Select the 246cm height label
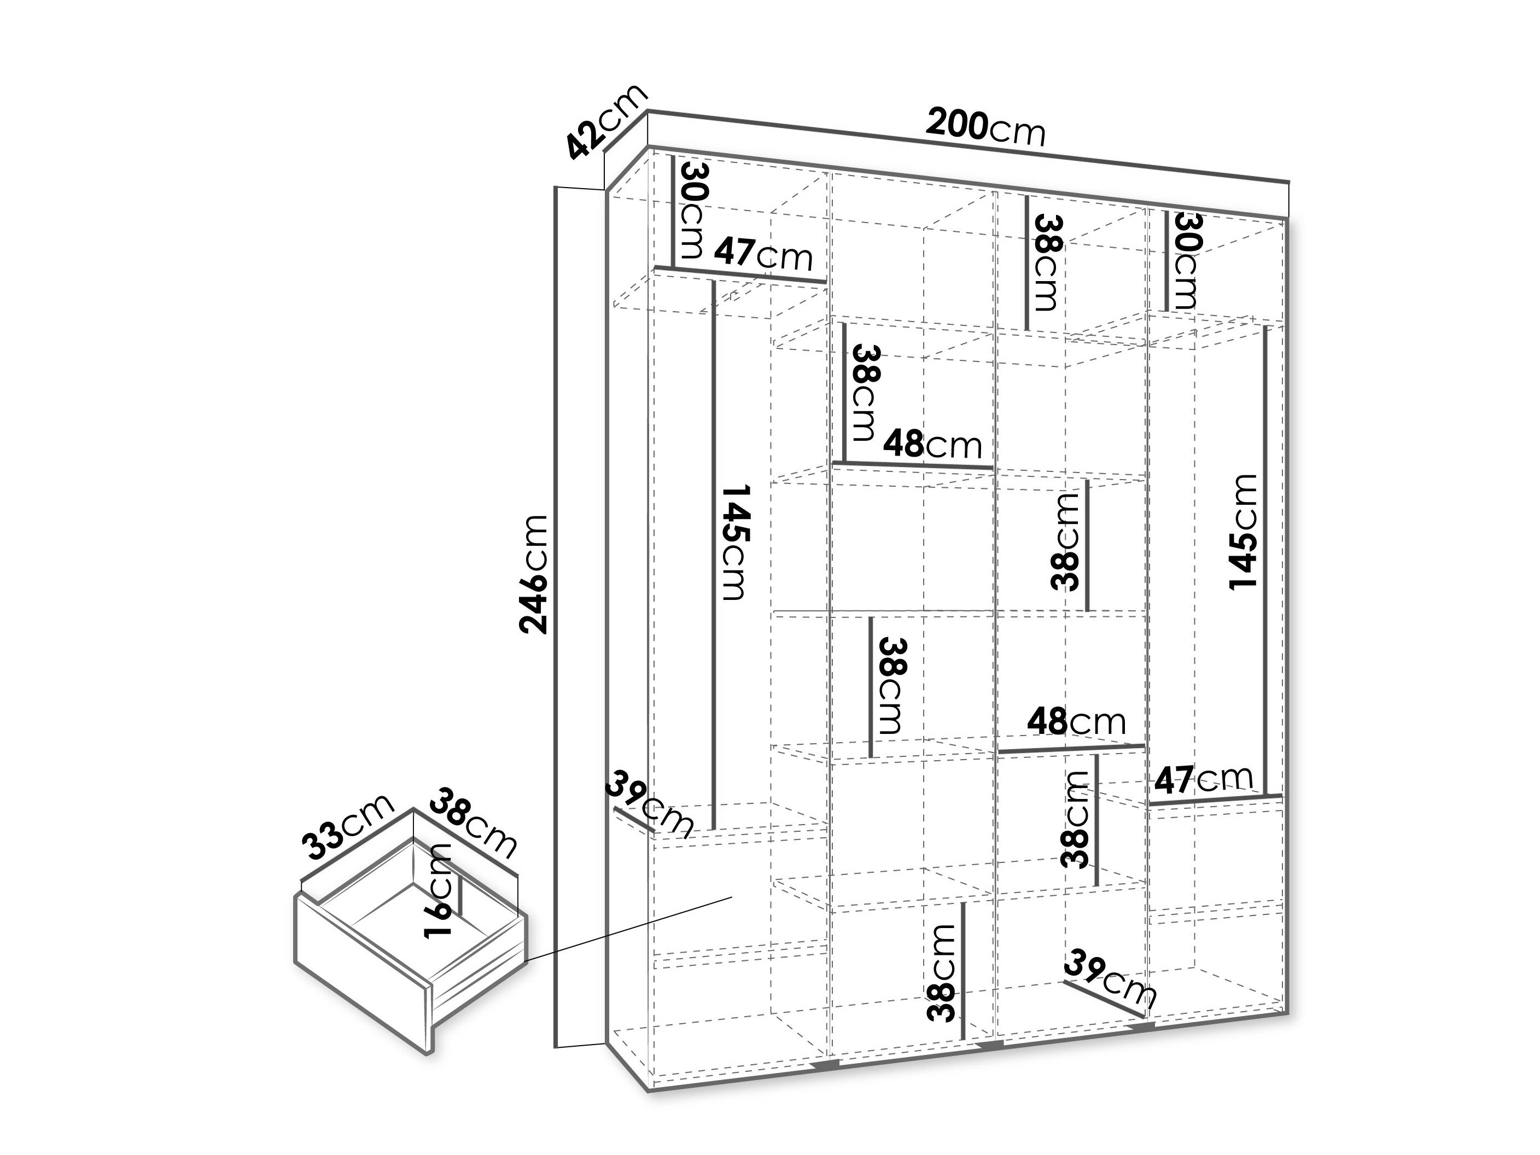click(534, 574)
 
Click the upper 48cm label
click(933, 443)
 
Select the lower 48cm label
click(1076, 722)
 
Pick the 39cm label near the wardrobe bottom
click(1111, 978)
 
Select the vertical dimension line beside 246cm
click(557, 616)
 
